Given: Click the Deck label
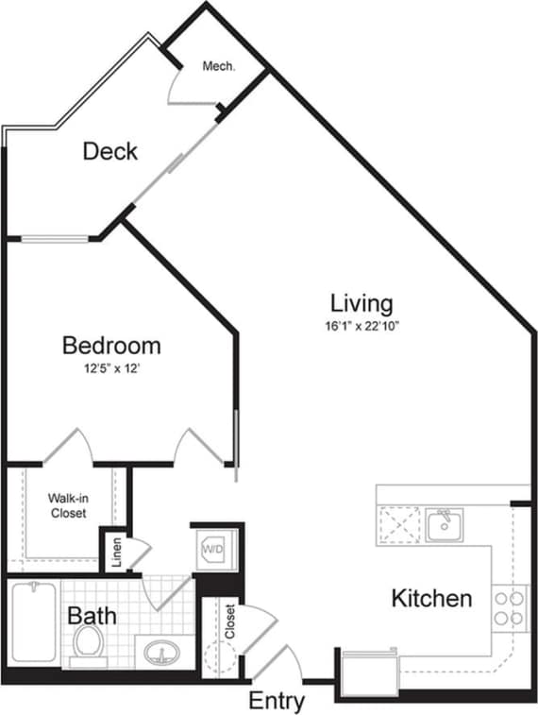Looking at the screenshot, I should (110, 150).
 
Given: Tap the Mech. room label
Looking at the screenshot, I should (218, 67).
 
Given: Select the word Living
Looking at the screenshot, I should (361, 304).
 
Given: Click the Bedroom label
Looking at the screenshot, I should (111, 346).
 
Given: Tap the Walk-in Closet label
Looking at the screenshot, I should (67, 505).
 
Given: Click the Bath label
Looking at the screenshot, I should (93, 617).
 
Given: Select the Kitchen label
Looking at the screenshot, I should (431, 599).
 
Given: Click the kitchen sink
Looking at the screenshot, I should (444, 524).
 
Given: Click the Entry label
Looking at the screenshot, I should (277, 702).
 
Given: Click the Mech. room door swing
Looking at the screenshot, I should (185, 87).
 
